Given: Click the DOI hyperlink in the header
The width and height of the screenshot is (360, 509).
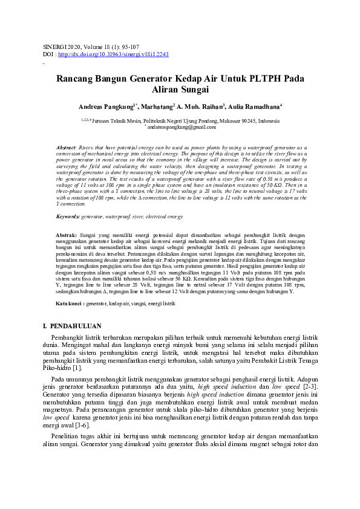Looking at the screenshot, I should pos(113,54).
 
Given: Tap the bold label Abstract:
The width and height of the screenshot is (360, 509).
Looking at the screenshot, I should pos(66,148).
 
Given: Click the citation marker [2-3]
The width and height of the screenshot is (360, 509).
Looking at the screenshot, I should pos(310,386).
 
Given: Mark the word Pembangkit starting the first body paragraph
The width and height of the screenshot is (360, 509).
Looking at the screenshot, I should pos(69,337).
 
